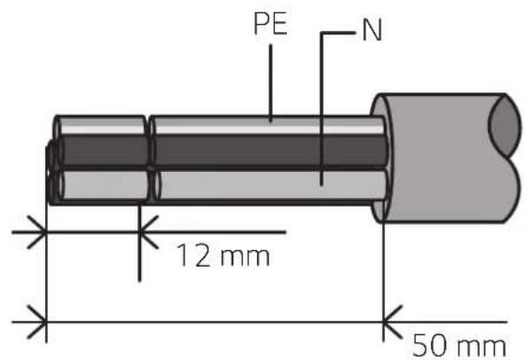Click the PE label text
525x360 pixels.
270,24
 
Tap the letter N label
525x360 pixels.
372,31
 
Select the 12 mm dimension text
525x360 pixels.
223,255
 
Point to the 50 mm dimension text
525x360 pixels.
459,346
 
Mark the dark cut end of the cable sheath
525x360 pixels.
506,126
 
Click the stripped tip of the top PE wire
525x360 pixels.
100,125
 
